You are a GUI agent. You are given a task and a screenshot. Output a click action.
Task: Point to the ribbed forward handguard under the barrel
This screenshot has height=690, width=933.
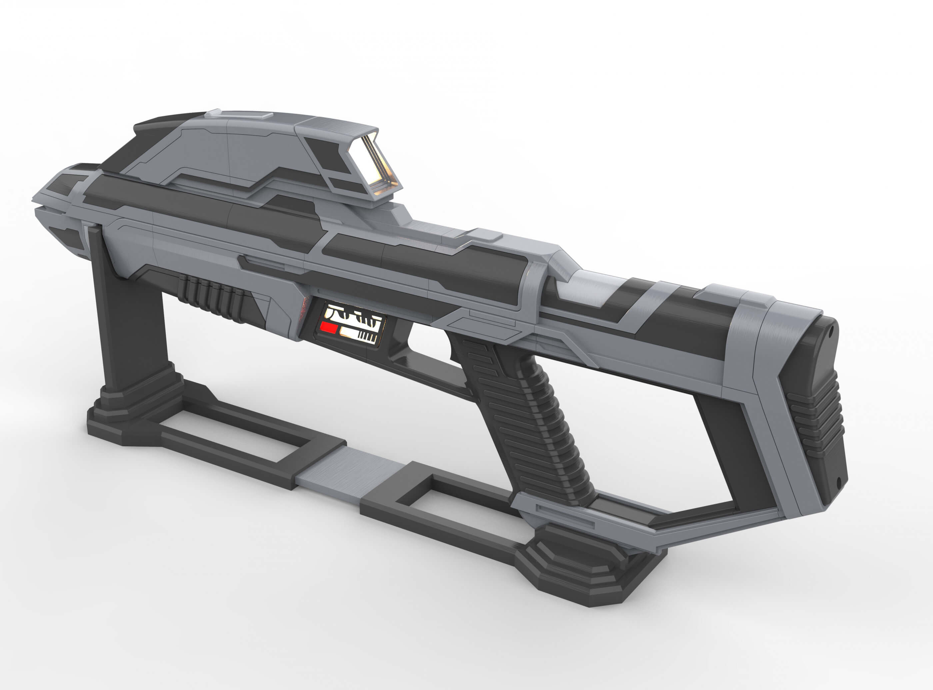coord(213,296)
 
